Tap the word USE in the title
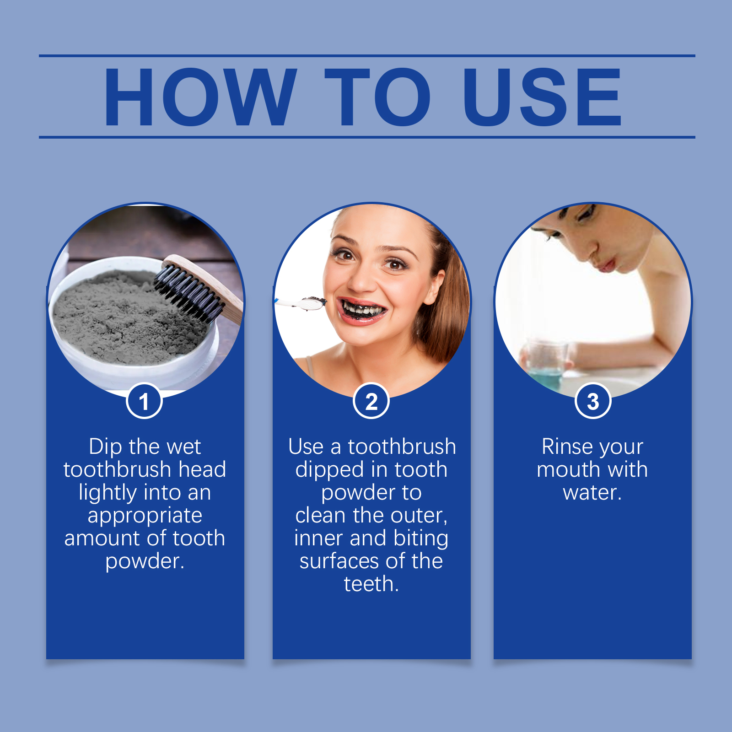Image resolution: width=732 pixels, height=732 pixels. [x=543, y=97]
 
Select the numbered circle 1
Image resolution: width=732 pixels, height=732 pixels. [x=144, y=401]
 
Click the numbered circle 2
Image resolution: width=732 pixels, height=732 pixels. [x=371, y=401]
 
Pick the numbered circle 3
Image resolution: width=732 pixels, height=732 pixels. [x=593, y=401]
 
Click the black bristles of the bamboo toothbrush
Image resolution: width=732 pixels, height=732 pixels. [x=187, y=293]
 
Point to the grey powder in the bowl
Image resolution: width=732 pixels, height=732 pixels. [x=128, y=316]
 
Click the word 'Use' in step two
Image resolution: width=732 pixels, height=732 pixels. [x=306, y=447]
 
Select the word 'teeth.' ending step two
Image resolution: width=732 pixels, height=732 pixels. [x=371, y=584]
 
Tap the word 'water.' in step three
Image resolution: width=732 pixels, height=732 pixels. [x=592, y=493]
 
